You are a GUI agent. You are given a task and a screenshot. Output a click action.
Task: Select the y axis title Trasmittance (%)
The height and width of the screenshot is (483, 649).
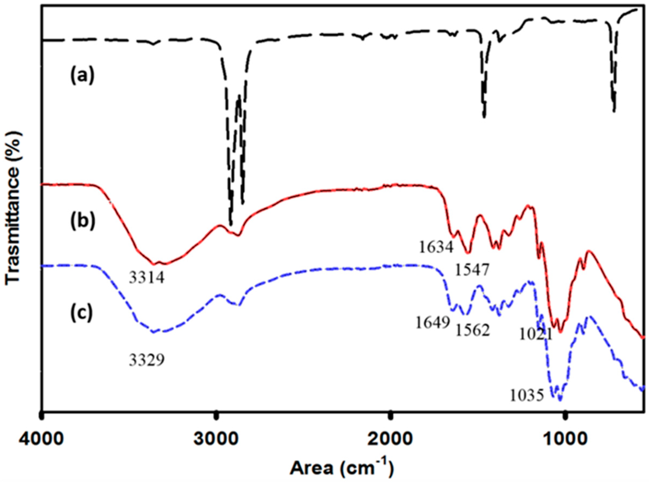[13, 208]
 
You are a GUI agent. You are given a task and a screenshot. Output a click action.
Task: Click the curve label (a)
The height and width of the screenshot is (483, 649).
[82, 76]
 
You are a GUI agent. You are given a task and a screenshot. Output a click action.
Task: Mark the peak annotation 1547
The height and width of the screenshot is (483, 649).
[472, 271]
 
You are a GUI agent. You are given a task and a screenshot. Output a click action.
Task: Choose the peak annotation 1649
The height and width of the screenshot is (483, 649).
[433, 323]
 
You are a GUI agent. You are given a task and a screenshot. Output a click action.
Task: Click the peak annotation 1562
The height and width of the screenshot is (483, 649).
[472, 331]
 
